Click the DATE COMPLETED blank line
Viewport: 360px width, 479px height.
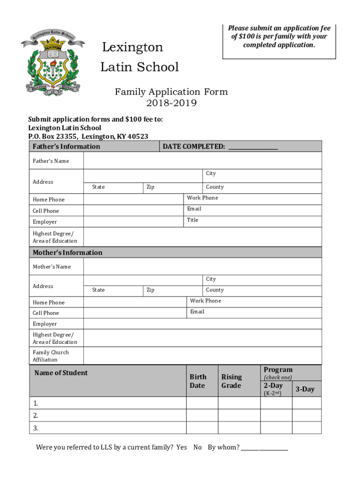point(252,148)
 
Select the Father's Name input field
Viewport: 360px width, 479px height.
point(202,160)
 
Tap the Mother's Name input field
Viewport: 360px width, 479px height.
point(202,266)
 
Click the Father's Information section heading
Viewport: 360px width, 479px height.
point(66,146)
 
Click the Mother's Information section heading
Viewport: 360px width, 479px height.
point(67,253)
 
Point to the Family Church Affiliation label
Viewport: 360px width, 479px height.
point(50,356)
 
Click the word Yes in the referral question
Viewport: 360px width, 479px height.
point(181,447)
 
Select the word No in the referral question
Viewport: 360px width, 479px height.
point(197,447)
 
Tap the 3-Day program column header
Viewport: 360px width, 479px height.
point(305,389)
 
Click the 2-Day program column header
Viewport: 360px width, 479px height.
point(273,386)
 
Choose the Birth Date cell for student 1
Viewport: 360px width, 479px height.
point(202,403)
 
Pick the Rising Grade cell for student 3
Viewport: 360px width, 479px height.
point(239,428)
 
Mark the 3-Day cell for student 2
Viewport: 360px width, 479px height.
point(307,415)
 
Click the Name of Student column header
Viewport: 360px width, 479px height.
point(61,373)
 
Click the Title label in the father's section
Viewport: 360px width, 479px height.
point(193,220)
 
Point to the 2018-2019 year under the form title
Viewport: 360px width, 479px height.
point(171,103)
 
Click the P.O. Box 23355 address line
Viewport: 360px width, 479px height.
point(88,136)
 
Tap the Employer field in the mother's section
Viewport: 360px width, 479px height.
point(202,324)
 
